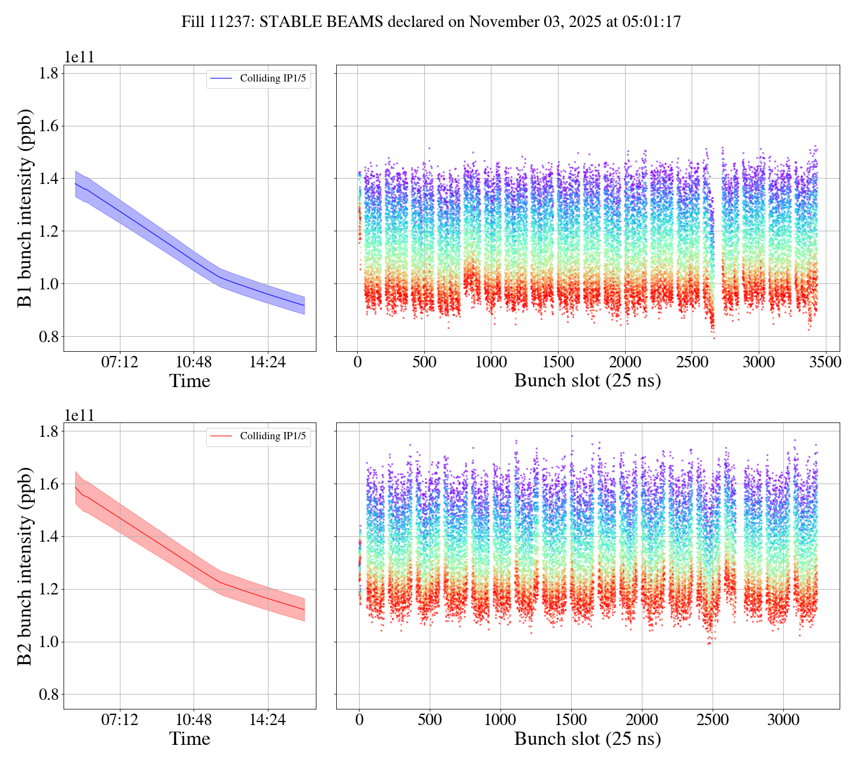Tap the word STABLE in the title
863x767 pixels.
coord(285,22)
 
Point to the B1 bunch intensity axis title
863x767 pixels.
coord(25,208)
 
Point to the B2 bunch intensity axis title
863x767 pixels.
coord(25,566)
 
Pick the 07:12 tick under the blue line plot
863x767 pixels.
coord(120,362)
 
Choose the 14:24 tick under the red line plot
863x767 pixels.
coord(267,720)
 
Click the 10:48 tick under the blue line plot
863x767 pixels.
coord(194,362)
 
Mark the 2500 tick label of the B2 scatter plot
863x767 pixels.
coord(713,720)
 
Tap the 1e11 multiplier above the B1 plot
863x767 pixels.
coord(80,58)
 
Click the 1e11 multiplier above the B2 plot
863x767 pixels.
coord(80,415)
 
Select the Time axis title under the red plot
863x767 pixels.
coord(189,739)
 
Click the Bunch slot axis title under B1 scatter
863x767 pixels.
coord(587,381)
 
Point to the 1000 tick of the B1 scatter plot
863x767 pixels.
coord(491,362)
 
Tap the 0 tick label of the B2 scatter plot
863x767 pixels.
coord(359,720)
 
